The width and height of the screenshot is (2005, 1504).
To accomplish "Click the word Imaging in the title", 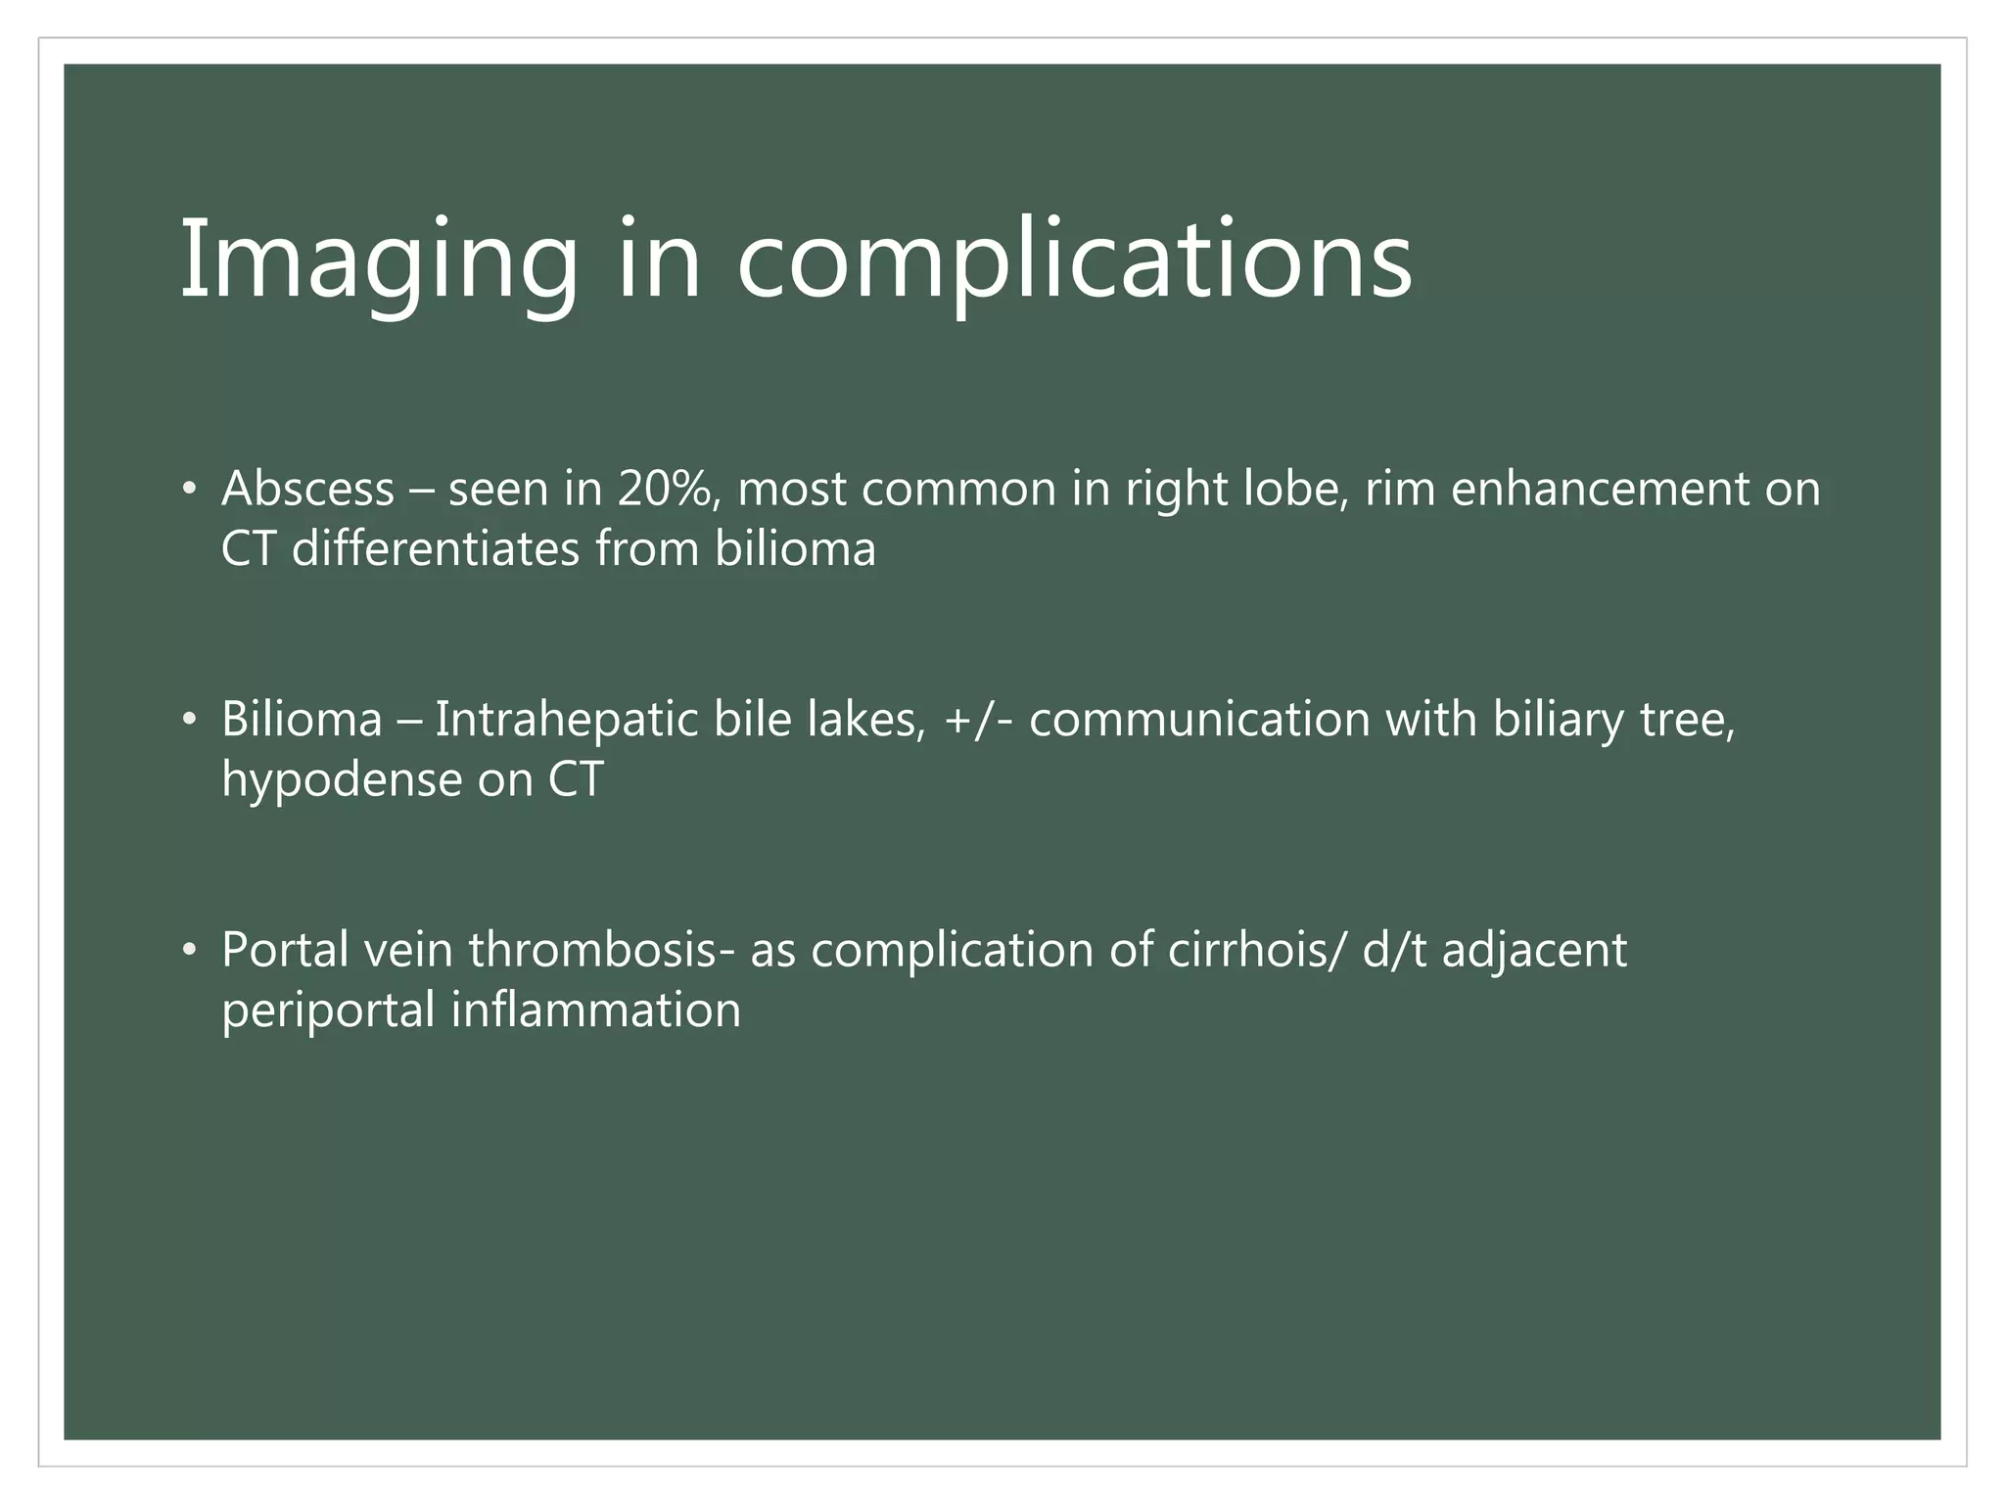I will (x=379, y=260).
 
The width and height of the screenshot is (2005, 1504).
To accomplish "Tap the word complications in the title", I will (x=1074, y=260).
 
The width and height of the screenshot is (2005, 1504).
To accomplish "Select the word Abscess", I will (x=307, y=489).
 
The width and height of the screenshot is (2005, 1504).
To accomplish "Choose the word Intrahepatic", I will (x=567, y=720).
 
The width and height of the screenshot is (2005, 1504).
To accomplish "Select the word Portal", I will (x=285, y=950).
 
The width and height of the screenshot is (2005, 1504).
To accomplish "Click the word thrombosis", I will (x=592, y=950).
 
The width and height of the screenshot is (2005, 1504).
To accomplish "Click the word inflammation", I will (x=595, y=1010).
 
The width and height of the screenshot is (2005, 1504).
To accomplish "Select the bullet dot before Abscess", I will (x=189, y=491).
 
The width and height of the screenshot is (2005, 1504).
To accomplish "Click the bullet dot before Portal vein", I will (x=189, y=952).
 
